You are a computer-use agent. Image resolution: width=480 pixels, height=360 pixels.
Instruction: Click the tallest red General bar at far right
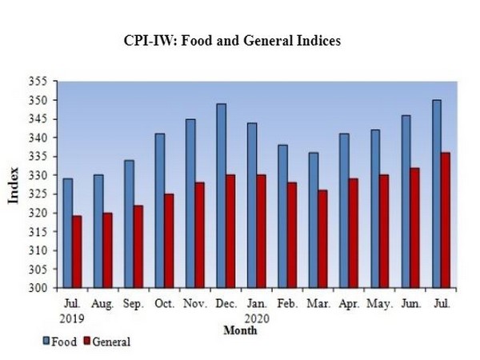(x=446, y=219)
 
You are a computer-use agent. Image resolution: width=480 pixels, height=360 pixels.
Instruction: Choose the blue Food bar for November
(x=190, y=203)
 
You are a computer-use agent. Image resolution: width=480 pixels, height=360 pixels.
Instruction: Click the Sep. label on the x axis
(x=134, y=305)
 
